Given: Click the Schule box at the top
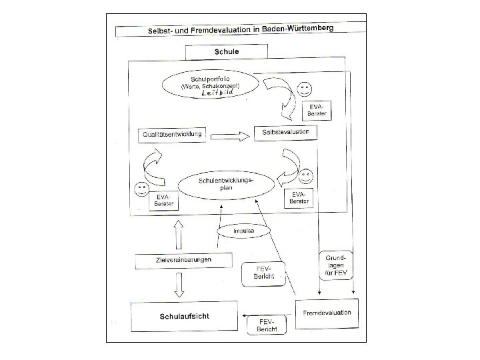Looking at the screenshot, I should click(226, 51).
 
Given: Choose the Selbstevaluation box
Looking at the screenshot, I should click(285, 133).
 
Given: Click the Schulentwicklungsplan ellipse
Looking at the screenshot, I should click(227, 184).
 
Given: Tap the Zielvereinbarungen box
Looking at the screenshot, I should click(178, 261).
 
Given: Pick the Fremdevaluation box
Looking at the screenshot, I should click(327, 312).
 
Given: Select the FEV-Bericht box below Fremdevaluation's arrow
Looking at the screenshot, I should click(263, 325).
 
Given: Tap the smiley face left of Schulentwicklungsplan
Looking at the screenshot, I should click(141, 189).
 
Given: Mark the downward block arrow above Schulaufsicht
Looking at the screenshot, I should click(178, 285).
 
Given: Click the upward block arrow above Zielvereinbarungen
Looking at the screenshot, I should click(178, 236).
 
